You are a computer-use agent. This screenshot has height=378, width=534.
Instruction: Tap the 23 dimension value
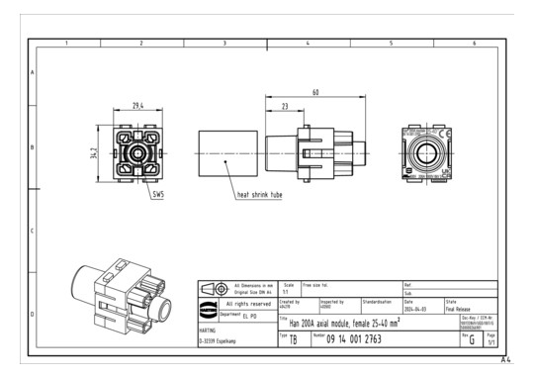click(285, 107)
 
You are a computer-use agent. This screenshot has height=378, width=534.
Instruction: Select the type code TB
click(293, 339)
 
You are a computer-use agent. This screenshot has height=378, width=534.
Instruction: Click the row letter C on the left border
click(34, 232)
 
